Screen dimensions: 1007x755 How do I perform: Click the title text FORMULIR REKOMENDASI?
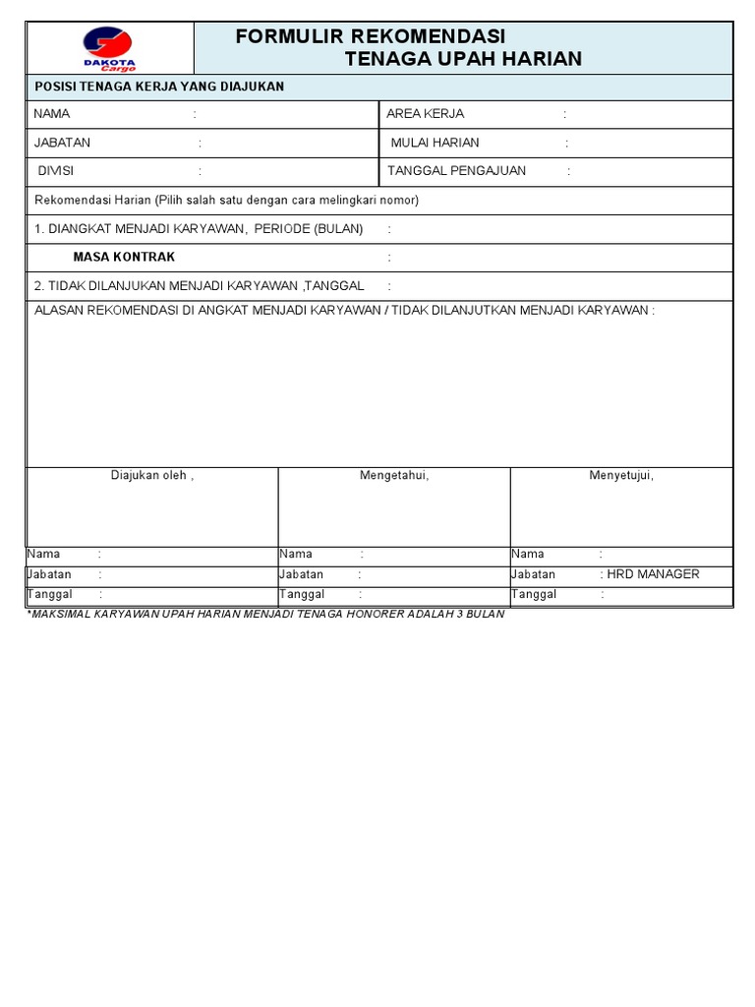coord(371,37)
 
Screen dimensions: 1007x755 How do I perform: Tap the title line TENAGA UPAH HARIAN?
coord(463,59)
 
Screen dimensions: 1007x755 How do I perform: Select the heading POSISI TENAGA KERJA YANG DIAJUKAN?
coord(159,87)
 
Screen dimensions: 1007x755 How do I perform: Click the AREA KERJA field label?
coord(425,114)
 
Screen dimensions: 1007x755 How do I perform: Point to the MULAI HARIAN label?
coord(435,143)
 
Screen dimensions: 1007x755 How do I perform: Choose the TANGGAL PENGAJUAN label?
coord(456,171)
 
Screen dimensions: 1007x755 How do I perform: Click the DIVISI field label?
coord(55,171)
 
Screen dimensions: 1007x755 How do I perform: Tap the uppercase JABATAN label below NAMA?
coord(62,143)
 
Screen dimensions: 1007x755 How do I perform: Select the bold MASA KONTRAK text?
coord(124,258)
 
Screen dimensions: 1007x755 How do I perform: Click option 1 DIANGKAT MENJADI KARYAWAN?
coord(198,229)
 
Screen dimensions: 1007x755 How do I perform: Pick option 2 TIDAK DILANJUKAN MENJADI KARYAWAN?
coord(199,286)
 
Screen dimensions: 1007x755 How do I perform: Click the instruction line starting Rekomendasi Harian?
coord(226,201)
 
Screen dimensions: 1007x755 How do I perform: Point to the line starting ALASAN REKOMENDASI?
coord(344,311)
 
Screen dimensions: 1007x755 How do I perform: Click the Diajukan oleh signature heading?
coord(152,476)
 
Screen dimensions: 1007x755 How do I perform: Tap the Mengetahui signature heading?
coord(394,476)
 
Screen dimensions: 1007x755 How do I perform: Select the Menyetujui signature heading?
coord(621,476)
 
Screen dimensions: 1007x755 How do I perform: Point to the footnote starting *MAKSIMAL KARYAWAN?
coord(265,615)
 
